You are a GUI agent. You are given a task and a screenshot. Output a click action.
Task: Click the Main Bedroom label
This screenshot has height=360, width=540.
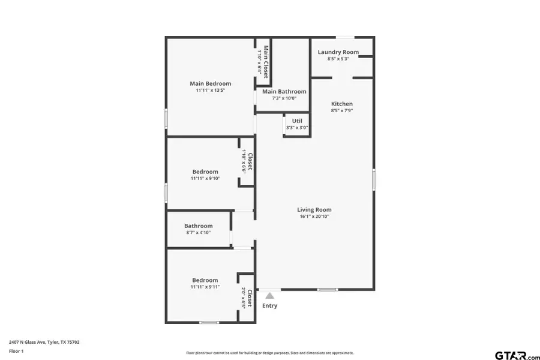[210, 83]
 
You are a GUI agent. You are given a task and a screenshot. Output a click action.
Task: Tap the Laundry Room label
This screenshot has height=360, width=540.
[338, 52]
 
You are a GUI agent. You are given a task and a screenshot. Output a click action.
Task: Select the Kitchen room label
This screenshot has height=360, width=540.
[342, 104]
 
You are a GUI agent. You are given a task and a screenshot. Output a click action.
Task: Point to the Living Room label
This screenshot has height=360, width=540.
[314, 209]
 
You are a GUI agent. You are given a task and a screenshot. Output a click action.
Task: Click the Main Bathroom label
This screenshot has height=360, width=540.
[284, 91]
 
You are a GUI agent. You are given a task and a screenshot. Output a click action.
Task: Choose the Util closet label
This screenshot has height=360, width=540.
[297, 121]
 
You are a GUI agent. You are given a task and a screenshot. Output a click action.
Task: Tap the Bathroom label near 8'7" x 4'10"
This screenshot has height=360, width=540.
[198, 226]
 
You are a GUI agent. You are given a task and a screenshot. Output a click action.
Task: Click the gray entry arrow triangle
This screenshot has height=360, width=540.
[270, 295]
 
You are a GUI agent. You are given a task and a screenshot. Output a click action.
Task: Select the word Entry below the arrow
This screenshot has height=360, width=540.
[270, 306]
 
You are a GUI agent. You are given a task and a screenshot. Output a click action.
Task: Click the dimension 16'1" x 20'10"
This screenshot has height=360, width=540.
[314, 217]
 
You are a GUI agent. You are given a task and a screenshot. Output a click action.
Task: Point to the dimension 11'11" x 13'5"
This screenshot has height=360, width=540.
[210, 91]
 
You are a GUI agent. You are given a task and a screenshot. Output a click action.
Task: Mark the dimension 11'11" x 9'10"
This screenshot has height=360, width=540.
[205, 178]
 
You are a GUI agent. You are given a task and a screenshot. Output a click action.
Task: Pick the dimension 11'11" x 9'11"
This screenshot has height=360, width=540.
[205, 287]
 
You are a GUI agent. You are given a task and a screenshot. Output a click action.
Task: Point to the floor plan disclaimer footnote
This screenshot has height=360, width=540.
[270, 353]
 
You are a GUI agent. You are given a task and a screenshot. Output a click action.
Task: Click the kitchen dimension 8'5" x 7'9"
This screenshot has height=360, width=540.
[342, 111]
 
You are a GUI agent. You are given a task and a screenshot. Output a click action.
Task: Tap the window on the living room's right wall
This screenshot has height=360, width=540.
[374, 179]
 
